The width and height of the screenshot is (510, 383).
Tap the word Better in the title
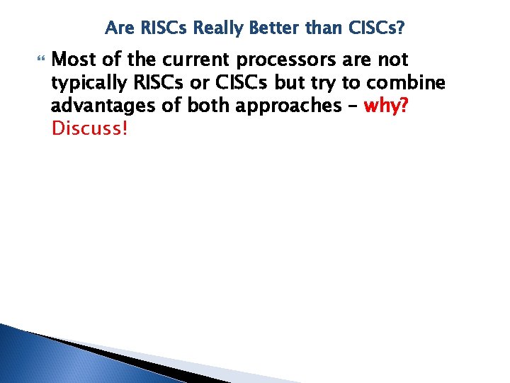(263, 28)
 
